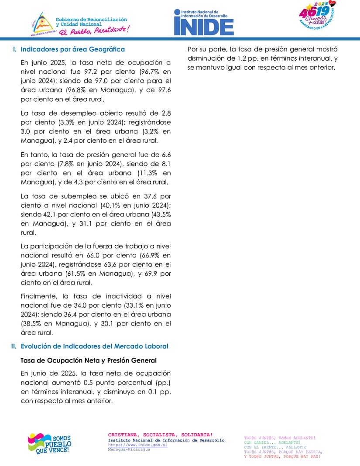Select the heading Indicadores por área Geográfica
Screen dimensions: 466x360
[72, 49]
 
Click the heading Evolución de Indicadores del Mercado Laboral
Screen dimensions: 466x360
[94, 346]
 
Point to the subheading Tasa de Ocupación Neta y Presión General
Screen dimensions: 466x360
[89, 360]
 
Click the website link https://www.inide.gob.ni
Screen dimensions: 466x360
[131, 445]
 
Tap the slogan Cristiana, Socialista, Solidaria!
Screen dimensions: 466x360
[160, 435]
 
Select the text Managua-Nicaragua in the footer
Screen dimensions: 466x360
[129, 449]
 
